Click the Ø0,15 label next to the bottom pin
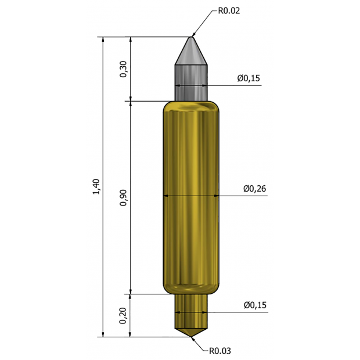pyautogui.click(x=255, y=304)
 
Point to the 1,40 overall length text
pyautogui.click(x=96, y=187)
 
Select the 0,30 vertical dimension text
pyautogui.click(x=123, y=69)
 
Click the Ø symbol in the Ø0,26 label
pyautogui.click(x=246, y=189)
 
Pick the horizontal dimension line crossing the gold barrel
pyautogui.click(x=192, y=196)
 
